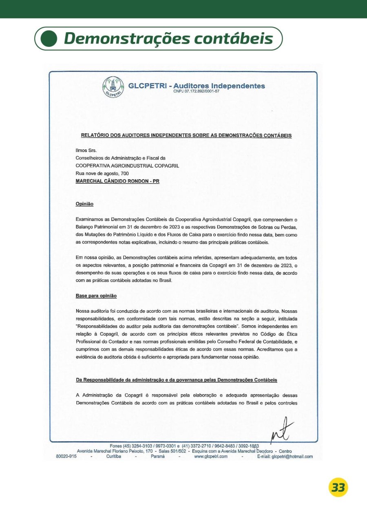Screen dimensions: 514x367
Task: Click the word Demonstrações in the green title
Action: [x=126, y=39]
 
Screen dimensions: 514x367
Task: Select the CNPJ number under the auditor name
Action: [x=197, y=92]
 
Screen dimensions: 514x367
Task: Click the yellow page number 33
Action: [x=338, y=487]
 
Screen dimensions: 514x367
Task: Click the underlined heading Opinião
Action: [x=84, y=204]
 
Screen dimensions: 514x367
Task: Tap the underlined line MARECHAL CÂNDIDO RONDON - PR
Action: [x=117, y=181]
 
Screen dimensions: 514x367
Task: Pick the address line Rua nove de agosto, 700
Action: [x=102, y=173]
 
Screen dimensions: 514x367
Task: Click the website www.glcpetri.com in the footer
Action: [x=210, y=457]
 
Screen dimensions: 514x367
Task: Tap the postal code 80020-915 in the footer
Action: [x=66, y=457]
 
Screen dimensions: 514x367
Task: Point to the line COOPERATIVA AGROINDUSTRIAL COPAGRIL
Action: [x=127, y=165]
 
